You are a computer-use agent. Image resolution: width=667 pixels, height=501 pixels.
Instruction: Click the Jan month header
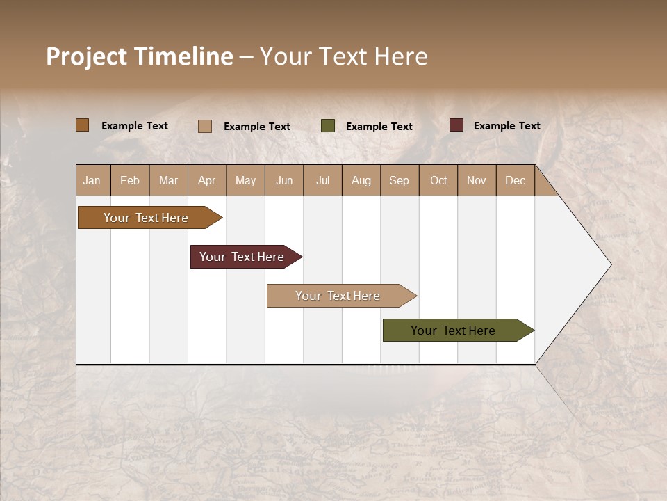(92, 180)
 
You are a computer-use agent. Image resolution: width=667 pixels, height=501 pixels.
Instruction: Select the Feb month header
(130, 180)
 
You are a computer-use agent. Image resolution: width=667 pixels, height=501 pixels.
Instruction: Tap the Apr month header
(207, 180)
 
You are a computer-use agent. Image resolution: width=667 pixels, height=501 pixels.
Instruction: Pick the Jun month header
(284, 180)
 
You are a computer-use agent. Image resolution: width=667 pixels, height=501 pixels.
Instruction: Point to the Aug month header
(361, 180)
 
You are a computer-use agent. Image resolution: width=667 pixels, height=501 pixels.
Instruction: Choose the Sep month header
(400, 180)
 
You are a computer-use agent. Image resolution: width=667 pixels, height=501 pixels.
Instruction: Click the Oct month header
(438, 180)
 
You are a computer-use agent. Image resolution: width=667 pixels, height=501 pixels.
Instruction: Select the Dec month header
(516, 180)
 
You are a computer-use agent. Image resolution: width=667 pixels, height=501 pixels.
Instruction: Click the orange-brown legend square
(83, 125)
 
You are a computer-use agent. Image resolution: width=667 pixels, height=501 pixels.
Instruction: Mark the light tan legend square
(205, 126)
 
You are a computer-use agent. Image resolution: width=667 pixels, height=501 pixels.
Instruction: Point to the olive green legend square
(328, 126)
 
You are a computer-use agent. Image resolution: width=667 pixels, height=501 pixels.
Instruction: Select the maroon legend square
(456, 125)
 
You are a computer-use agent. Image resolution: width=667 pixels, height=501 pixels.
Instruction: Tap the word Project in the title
(87, 56)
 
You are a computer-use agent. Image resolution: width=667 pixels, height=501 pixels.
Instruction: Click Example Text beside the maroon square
(507, 126)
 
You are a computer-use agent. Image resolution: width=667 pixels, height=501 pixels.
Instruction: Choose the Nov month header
(477, 180)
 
